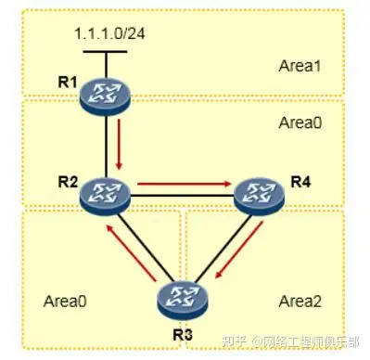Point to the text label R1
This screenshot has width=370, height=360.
pos(66,82)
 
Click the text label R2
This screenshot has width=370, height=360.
pos(66,180)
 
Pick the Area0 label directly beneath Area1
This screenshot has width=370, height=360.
pos(298,122)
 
